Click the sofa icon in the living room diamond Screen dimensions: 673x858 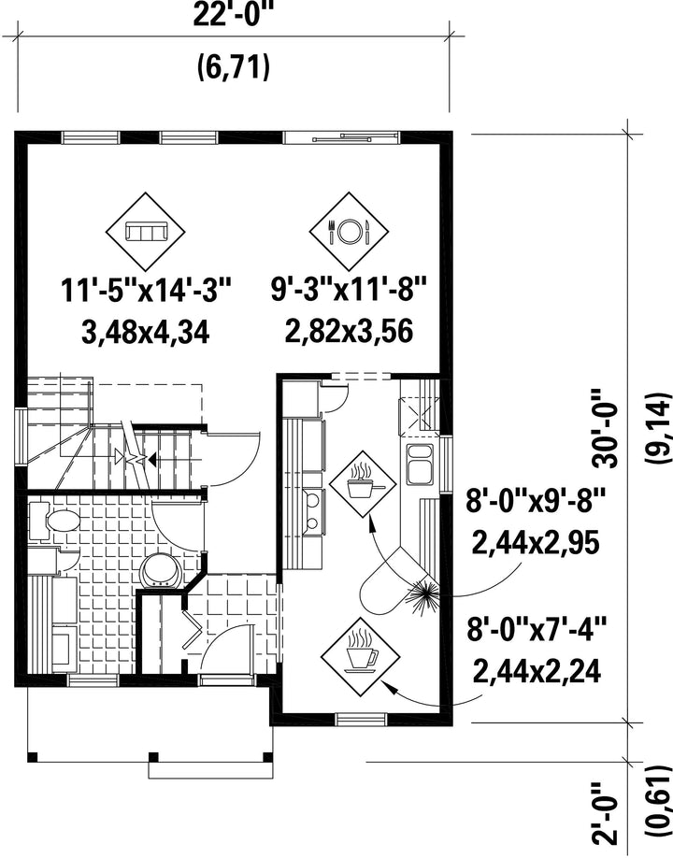[x=145, y=232]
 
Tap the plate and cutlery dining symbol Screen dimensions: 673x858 [x=349, y=232]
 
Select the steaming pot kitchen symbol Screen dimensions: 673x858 [x=362, y=484]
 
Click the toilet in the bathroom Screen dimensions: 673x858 [x=50, y=521]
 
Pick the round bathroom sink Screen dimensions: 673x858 [x=161, y=572]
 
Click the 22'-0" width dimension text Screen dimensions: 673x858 [x=233, y=14]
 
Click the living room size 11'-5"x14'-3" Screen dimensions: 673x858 [x=146, y=291]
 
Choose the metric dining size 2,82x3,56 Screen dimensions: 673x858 [x=349, y=332]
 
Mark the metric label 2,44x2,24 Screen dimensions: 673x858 [x=537, y=671]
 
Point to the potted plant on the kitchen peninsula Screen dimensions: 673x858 [x=422, y=593]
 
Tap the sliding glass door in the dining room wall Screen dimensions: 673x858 [x=341, y=137]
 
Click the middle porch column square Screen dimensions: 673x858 [x=153, y=757]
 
